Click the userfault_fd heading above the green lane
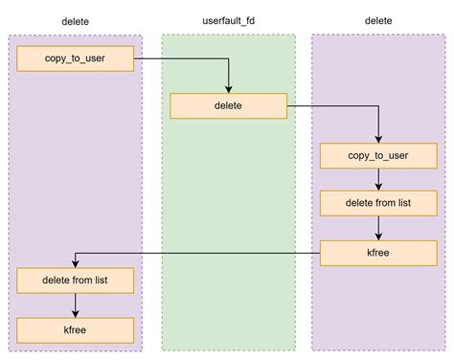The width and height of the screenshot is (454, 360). (228, 20)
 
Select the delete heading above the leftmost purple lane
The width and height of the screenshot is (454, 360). (75, 20)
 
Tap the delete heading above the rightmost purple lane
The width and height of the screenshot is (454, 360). (378, 20)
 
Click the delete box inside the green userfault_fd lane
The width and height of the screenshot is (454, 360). (228, 105)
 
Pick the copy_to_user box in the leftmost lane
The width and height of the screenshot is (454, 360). (75, 58)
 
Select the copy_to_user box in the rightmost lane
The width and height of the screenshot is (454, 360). (378, 155)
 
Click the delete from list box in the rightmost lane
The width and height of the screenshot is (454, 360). (378, 203)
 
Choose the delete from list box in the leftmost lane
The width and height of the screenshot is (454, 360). (75, 281)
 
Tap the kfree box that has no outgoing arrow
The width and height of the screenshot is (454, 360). (75, 330)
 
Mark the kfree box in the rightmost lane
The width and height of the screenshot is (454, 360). (378, 253)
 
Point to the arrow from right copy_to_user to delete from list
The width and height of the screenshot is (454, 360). (378, 178)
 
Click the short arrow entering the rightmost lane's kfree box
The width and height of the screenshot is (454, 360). (378, 228)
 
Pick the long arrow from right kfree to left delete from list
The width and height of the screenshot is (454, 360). (192, 253)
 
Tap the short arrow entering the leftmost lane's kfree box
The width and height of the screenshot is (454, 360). (75, 304)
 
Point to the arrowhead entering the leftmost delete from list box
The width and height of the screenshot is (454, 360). (75, 263)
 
